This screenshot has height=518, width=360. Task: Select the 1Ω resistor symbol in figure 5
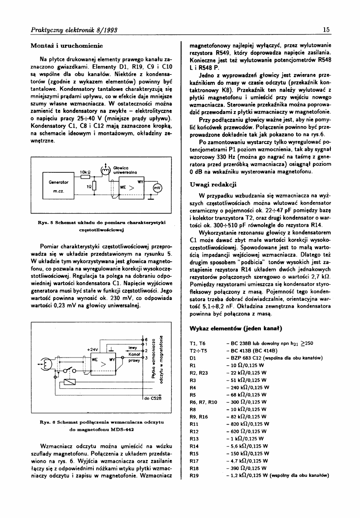(x=95, y=186)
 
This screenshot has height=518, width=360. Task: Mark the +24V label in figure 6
(x=92, y=349)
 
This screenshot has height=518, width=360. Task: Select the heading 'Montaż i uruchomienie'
(x=67, y=45)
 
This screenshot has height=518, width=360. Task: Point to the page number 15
(x=327, y=29)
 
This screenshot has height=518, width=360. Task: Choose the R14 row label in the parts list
(x=194, y=446)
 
